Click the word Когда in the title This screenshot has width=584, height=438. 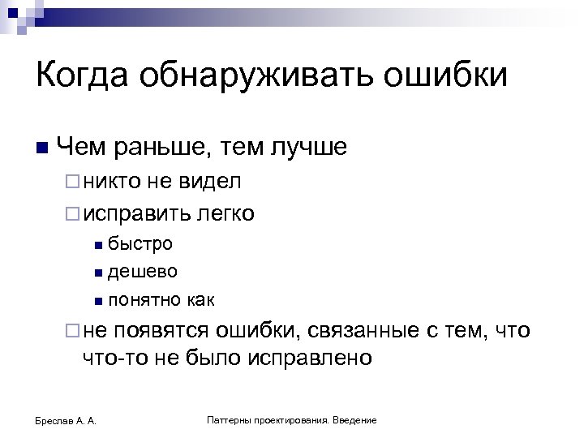click(82, 77)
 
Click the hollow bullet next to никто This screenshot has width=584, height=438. click(71, 182)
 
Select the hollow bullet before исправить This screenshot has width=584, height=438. click(71, 214)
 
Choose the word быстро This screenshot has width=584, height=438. click(140, 243)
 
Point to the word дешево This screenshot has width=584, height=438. click(143, 272)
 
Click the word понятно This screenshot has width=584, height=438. click(145, 300)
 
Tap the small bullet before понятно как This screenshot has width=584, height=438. click(97, 302)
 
